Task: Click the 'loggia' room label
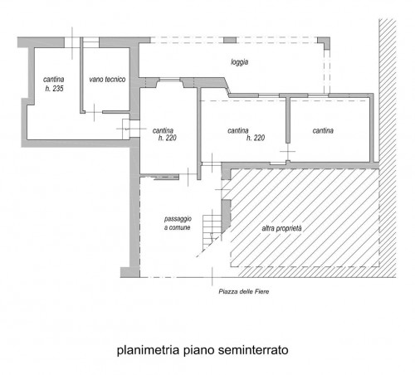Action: pyautogui.click(x=240, y=62)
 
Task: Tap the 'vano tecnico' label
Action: pyautogui.click(x=107, y=80)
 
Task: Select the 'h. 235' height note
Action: pyautogui.click(x=55, y=89)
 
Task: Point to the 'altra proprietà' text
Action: pyautogui.click(x=281, y=229)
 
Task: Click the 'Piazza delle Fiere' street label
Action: pyautogui.click(x=244, y=291)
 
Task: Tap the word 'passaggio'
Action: pyautogui.click(x=178, y=219)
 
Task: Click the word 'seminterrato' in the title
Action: pyautogui.click(x=253, y=350)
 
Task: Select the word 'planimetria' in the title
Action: pyautogui.click(x=148, y=350)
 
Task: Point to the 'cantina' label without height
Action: pyautogui.click(x=323, y=130)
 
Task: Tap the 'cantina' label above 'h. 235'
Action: pyautogui.click(x=54, y=80)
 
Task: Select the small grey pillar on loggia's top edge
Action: pyautogui.click(x=230, y=40)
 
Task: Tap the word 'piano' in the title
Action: pyautogui.click(x=198, y=351)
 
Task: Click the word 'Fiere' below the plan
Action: pyautogui.click(x=261, y=291)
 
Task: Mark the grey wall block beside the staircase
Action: pyautogui.click(x=226, y=216)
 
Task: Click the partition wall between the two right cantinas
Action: pyautogui.click(x=288, y=120)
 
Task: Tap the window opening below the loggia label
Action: pyautogui.click(x=170, y=80)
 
